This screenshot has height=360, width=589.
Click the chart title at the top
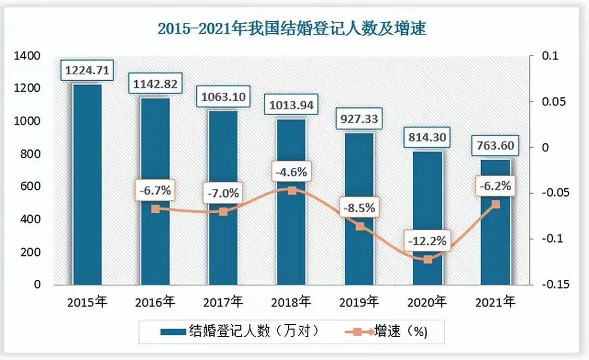(x=292, y=28)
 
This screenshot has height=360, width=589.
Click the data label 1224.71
(x=87, y=70)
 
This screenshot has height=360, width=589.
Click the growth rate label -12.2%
(x=428, y=240)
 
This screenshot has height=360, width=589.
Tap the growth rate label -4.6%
(x=291, y=172)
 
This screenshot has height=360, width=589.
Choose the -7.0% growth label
(x=223, y=193)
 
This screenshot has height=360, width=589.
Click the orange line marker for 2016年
(x=155, y=209)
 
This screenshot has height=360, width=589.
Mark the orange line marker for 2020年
(x=428, y=260)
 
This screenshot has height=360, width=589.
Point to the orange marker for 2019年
(x=360, y=226)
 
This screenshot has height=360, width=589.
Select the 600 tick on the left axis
(x=31, y=187)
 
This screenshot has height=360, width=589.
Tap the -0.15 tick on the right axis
(x=555, y=285)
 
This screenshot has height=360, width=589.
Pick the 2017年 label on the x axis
(x=223, y=302)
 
